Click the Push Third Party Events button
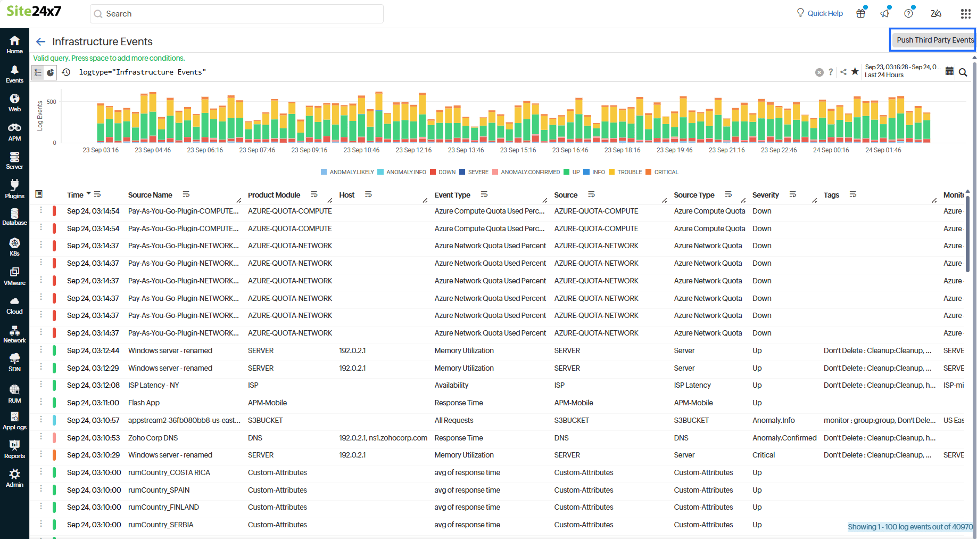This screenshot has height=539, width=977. point(934,40)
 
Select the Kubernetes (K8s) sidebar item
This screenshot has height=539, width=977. point(14,247)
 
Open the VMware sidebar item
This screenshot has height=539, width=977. point(14,276)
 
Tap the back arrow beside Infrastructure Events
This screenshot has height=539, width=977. point(40,42)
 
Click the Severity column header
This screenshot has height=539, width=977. point(765,195)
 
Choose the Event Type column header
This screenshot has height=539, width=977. point(452,195)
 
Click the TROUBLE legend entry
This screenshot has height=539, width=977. point(629,172)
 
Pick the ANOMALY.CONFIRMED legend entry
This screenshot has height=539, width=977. point(530,172)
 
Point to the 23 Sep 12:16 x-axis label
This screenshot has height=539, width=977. point(413,150)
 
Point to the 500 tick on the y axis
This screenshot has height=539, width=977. point(51,102)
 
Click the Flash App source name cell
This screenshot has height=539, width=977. point(144,403)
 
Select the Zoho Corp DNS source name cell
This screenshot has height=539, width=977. point(153,438)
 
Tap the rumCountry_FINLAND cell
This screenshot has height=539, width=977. point(163,507)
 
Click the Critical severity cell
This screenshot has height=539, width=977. point(764,455)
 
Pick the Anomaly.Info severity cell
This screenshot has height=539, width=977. point(773,420)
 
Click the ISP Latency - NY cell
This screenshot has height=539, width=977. point(153,385)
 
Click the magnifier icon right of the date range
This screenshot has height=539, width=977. point(963,72)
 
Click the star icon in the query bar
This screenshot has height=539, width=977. point(855,71)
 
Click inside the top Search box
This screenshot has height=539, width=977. point(237,14)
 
